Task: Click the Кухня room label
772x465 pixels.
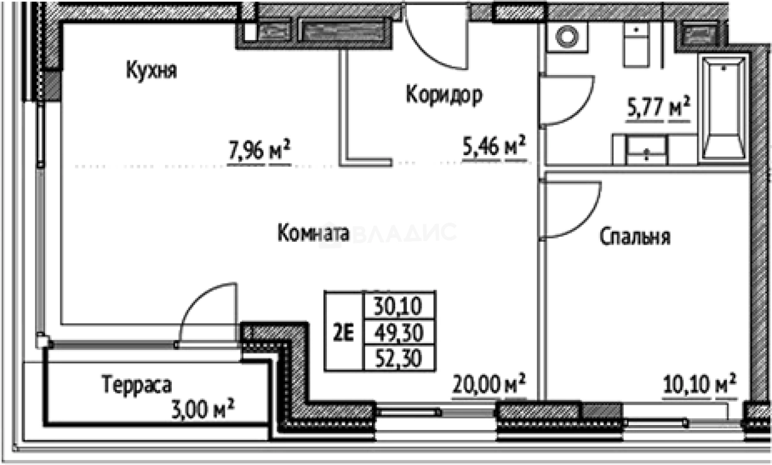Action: point(151,71)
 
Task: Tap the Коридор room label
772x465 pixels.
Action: point(444,95)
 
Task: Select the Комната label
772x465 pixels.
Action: point(313,233)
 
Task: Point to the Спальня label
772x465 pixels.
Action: point(635,237)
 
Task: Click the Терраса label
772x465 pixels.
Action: point(137,385)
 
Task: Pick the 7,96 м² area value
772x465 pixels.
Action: point(259,151)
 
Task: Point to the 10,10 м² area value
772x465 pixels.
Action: point(699,386)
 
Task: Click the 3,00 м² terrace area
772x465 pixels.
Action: point(204,408)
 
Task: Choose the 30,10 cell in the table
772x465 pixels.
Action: point(400,305)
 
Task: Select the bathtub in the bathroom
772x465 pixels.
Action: point(723,108)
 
